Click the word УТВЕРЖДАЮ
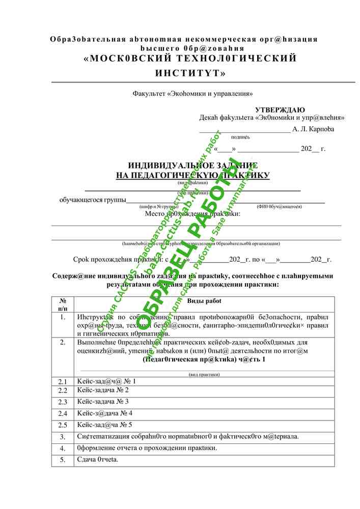coord(280,110)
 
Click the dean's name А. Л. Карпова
coord(314,129)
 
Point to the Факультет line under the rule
coord(193,94)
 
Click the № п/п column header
coord(63,305)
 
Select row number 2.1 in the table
coord(63,381)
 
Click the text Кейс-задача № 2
coord(103,390)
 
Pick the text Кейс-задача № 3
coord(103,402)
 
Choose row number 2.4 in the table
coord(63,413)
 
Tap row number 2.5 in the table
coord(63,425)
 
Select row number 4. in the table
coord(63,448)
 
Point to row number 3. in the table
coord(63,437)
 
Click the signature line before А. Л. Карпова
coord(244,130)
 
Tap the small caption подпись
coord(240,137)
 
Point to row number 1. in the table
coord(63,317)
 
